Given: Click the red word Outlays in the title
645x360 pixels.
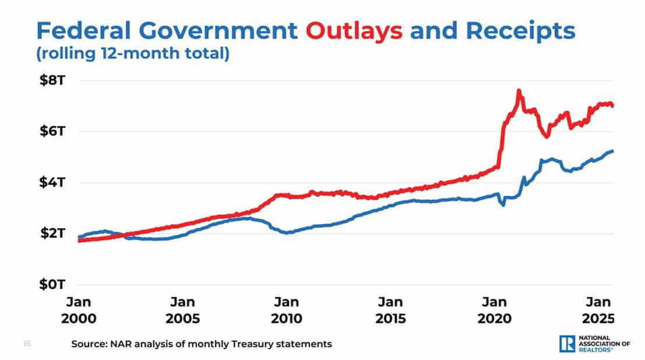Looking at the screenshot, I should pyautogui.click(x=354, y=30).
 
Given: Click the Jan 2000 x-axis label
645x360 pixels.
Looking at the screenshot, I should pyautogui.click(x=78, y=310).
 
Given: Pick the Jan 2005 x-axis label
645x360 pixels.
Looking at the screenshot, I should pyautogui.click(x=182, y=310).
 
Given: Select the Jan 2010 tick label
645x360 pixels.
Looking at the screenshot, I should pyautogui.click(x=286, y=310).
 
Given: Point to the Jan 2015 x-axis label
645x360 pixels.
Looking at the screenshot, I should pyautogui.click(x=390, y=310).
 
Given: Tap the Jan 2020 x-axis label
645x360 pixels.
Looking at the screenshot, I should pyautogui.click(x=494, y=310).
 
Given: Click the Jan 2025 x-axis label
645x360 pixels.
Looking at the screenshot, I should pyautogui.click(x=598, y=310).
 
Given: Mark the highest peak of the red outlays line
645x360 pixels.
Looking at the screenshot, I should pyautogui.click(x=519, y=91).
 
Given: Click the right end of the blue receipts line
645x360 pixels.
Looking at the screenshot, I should pyautogui.click(x=612, y=151).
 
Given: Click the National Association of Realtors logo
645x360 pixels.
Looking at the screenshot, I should pyautogui.click(x=594, y=344).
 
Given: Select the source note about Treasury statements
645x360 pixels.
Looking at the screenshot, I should pyautogui.click(x=201, y=344).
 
